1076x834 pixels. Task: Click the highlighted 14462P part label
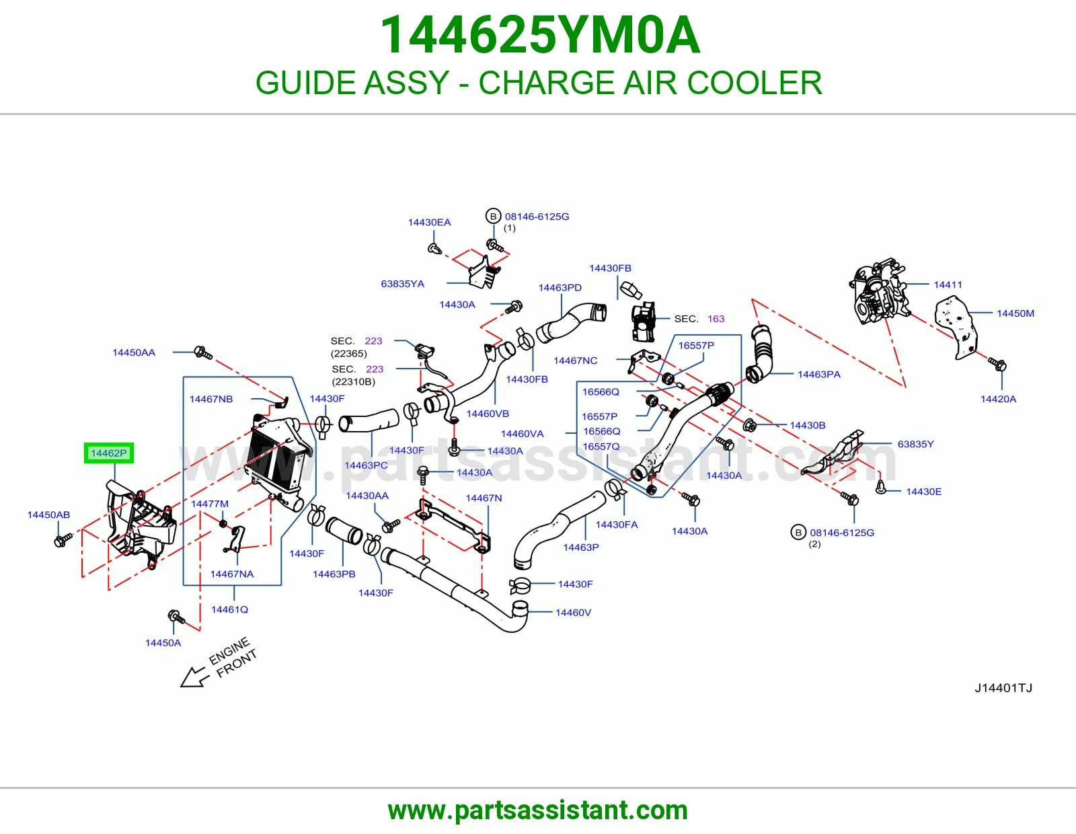click(x=109, y=453)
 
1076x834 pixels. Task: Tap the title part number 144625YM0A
click(x=540, y=35)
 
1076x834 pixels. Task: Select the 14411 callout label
click(x=948, y=285)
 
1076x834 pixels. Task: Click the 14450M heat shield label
click(x=1015, y=313)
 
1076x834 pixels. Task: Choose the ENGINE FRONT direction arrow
click(x=192, y=677)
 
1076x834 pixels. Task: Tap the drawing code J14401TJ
click(x=1003, y=688)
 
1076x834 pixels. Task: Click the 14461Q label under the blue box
click(x=229, y=609)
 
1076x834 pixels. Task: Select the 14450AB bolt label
click(x=48, y=515)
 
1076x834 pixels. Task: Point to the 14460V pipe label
click(x=573, y=613)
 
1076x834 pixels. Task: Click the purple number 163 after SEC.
click(x=716, y=319)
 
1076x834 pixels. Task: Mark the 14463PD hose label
click(x=560, y=288)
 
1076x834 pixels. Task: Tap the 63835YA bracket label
click(x=403, y=284)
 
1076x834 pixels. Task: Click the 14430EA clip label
click(x=429, y=223)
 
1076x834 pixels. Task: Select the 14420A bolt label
click(x=998, y=399)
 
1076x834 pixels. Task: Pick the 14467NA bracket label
click(x=232, y=574)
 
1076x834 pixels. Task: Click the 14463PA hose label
click(x=819, y=375)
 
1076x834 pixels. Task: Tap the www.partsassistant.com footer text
click(x=538, y=810)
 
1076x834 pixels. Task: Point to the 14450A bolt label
click(x=163, y=643)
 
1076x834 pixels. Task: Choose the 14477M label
click(x=210, y=504)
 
